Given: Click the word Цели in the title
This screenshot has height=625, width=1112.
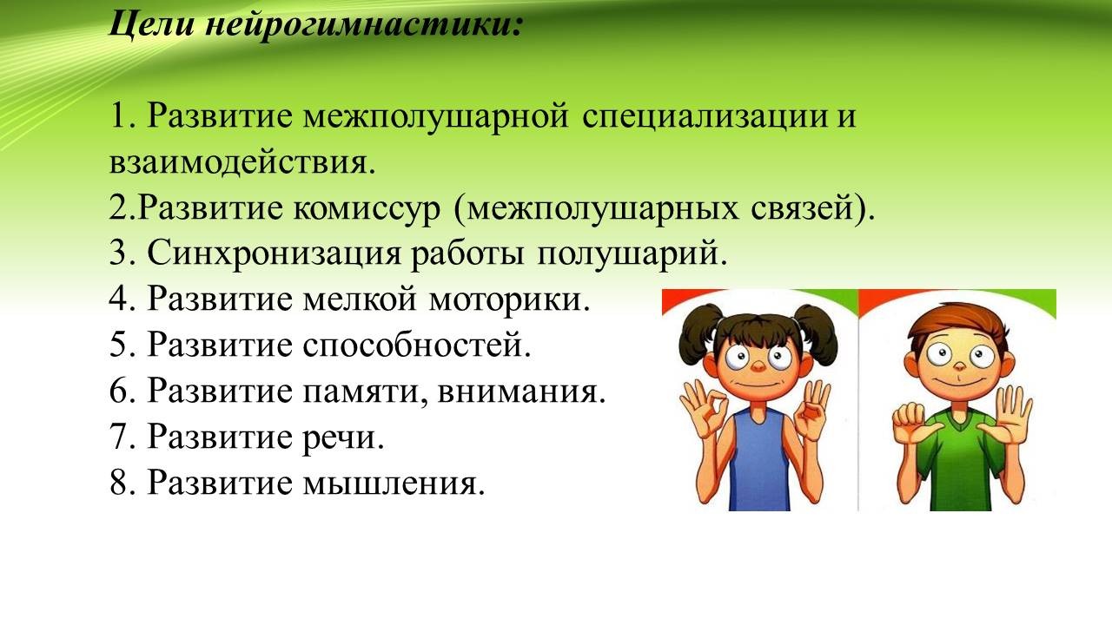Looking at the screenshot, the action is click(150, 23).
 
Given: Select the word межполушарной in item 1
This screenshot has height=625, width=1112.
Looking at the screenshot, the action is click(435, 117).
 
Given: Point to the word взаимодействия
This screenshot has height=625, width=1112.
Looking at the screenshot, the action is click(242, 162).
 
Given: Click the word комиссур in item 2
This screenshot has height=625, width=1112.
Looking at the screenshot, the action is click(367, 209).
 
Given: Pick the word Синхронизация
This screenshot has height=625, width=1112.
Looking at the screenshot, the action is click(274, 253).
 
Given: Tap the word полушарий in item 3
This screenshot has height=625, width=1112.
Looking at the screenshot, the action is click(632, 253).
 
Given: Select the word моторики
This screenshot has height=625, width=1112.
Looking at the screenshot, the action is click(509, 299).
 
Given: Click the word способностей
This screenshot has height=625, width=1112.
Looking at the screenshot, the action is click(417, 345).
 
